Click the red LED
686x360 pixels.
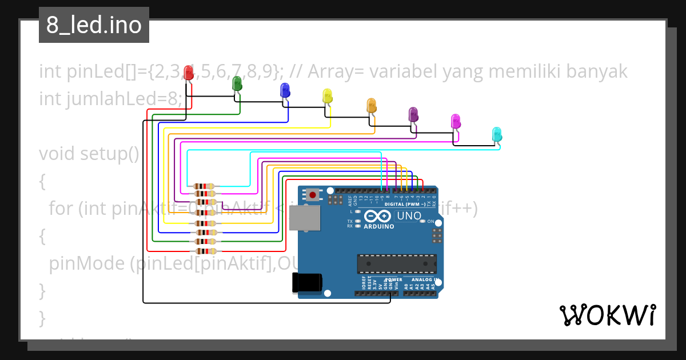(188, 73)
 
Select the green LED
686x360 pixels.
(237, 83)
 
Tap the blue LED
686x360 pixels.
(285, 90)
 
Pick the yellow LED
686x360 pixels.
(327, 95)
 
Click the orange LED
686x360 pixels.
(371, 105)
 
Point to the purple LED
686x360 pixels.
(413, 114)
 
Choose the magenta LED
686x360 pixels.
(456, 121)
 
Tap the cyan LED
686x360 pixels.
(497, 134)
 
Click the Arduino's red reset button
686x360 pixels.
(313, 194)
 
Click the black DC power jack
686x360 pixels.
(307, 282)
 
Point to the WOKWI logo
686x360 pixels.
(607, 315)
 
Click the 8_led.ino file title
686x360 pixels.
(94, 26)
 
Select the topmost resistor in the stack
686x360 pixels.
(204, 186)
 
